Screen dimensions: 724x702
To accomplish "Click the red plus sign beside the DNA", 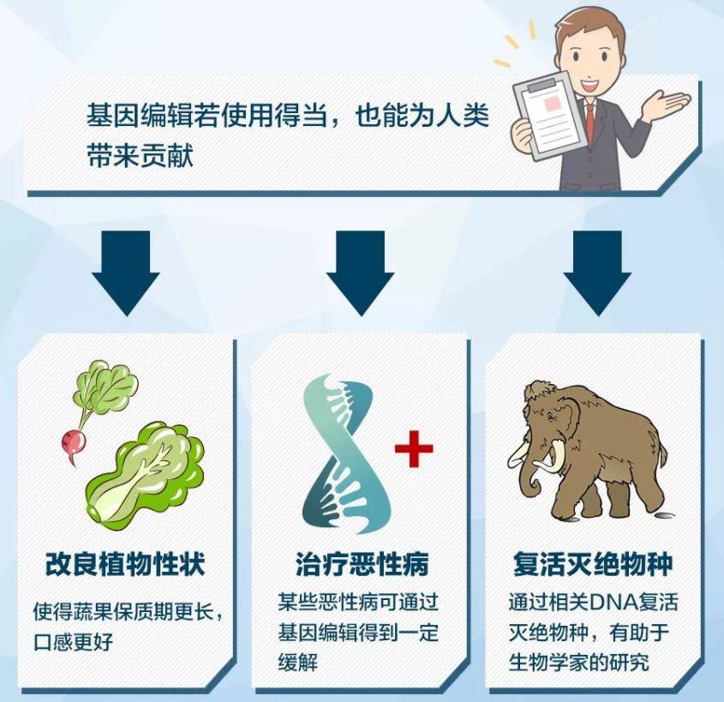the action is pyautogui.click(x=414, y=448).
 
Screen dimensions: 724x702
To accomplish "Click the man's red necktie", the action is pyautogui.click(x=590, y=123).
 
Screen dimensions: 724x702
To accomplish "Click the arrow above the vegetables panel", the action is pyautogui.click(x=126, y=273).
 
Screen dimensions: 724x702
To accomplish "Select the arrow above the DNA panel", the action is pyautogui.click(x=360, y=273).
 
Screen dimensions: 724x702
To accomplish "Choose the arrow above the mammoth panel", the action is pyautogui.click(x=597, y=273).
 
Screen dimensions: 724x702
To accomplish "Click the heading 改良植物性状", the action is pyautogui.click(x=125, y=564).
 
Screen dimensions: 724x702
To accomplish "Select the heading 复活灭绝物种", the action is pyautogui.click(x=593, y=564).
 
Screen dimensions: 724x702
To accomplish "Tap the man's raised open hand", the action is pyautogui.click(x=669, y=104).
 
